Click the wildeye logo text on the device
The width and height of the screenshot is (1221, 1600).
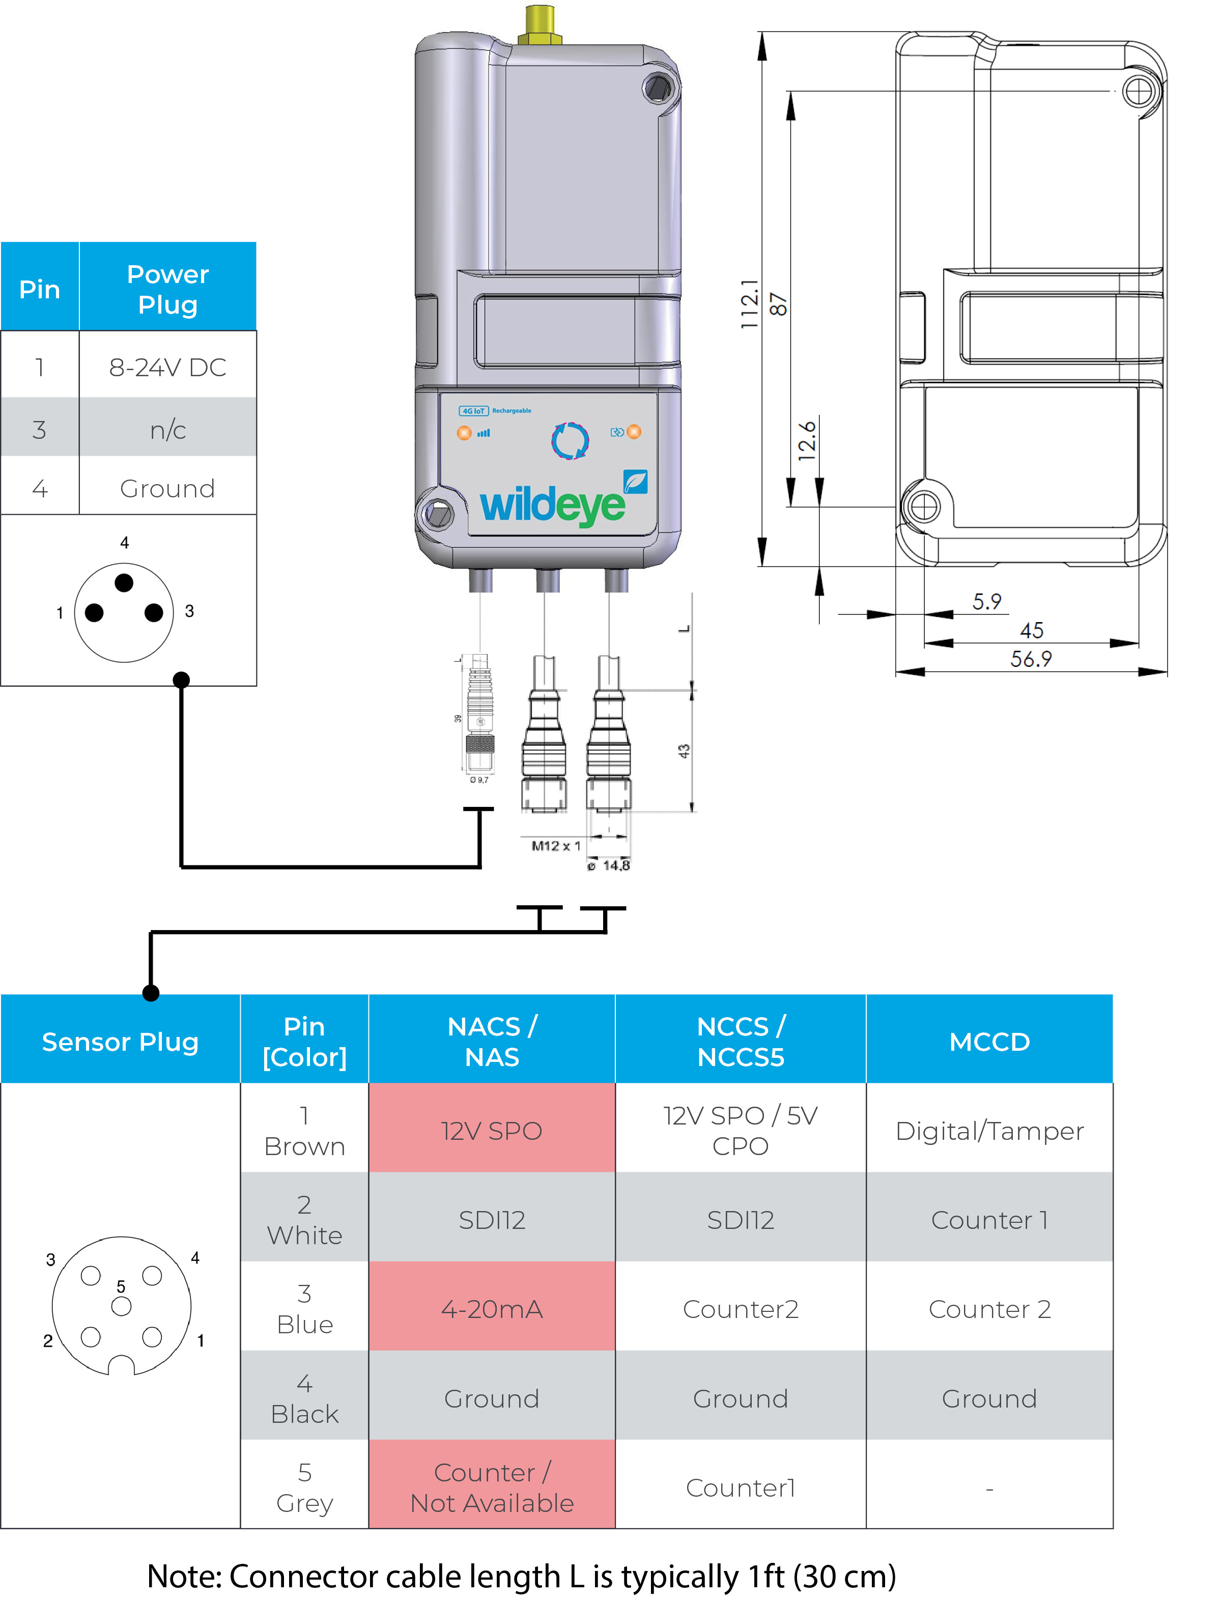[552, 504]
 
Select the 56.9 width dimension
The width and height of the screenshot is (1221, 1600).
[1031, 659]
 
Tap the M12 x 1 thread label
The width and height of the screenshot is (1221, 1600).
[556, 846]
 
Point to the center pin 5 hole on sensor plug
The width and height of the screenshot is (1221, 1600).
[121, 1306]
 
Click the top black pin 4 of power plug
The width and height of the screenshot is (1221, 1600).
[124, 582]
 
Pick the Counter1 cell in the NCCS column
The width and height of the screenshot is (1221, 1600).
[740, 1487]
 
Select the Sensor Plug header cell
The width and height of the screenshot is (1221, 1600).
[120, 1041]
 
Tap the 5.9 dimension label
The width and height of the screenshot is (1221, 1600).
[986, 601]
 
